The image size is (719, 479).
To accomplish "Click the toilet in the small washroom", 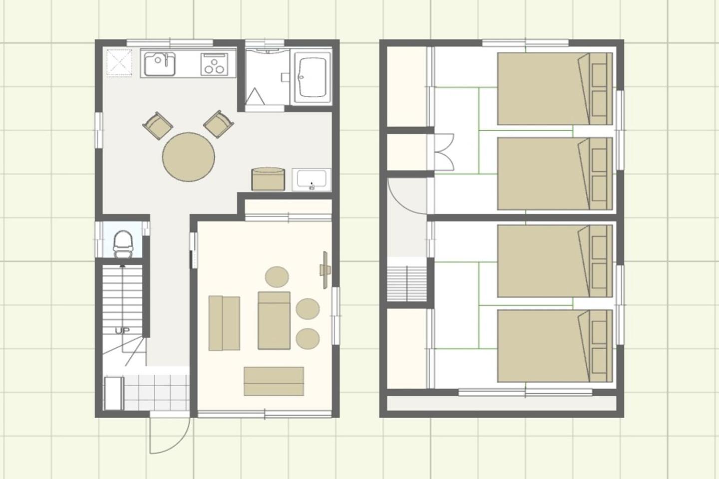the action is pos(123,244).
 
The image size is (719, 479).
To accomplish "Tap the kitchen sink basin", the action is pos(160,64).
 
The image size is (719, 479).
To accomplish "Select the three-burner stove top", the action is pos(214,64).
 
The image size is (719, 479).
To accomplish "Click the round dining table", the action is pos(188,157).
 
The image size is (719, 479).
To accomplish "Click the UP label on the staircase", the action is pos(122,330).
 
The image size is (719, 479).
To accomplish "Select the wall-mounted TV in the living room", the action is pos(325,270).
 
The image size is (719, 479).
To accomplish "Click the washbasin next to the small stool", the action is pos(312,179).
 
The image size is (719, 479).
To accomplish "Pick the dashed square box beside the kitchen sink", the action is pos(119,62).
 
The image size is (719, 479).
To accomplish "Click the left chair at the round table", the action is pos(158,125).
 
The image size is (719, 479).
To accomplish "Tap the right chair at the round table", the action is pos(219,124).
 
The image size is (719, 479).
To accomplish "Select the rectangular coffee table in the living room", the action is pos(274,320).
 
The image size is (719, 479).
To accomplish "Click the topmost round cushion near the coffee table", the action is pos(277,276).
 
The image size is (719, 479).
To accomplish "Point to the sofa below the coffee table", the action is pos(274,381).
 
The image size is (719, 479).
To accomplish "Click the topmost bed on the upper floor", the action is pos(555,88).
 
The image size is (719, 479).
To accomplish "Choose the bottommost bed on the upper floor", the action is pos(555,346).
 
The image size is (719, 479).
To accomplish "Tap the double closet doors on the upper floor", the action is pos(444,152).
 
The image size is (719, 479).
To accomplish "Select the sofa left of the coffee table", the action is pos(224,323).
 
